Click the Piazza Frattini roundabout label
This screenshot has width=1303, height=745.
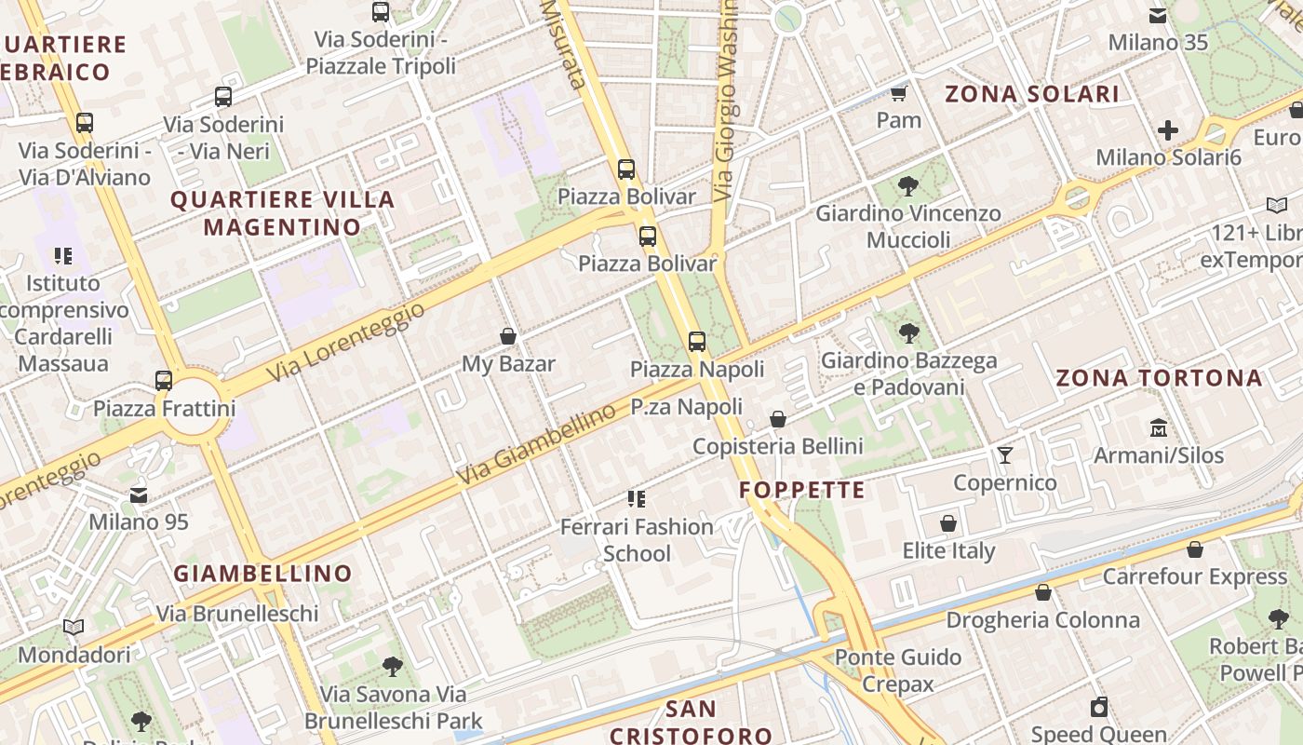(164, 408)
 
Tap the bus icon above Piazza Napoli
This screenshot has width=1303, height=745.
(697, 342)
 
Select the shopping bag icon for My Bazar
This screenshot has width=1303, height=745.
(508, 336)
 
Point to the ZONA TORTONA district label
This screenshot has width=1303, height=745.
(1159, 378)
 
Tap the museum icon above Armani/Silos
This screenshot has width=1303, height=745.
(1159, 428)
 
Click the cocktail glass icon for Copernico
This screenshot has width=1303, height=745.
(1005, 455)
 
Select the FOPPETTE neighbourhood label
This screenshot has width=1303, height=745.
(801, 490)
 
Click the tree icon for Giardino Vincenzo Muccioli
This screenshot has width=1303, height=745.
(908, 186)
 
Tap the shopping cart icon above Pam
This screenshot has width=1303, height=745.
(898, 93)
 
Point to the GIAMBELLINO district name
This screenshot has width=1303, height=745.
(263, 574)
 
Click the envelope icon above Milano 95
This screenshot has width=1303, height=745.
(139, 495)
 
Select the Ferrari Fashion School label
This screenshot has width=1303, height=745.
(637, 540)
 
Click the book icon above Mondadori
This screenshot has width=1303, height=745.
(74, 628)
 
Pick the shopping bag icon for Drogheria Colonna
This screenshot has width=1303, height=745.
(1043, 592)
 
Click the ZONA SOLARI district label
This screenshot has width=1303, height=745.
(1032, 94)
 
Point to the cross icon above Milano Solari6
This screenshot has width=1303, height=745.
(1168, 130)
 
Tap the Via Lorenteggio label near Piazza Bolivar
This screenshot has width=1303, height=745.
(346, 341)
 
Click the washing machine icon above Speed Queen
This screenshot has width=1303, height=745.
(1099, 707)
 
